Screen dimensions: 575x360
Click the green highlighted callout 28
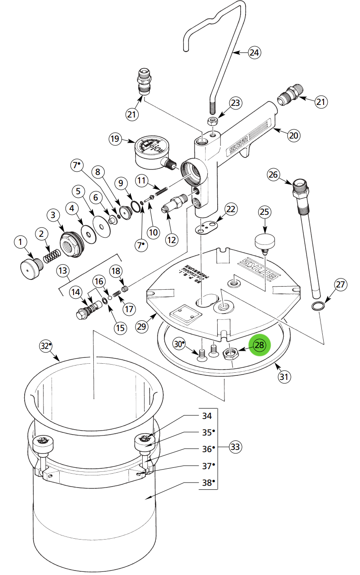259,345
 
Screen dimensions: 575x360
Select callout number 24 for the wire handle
254,52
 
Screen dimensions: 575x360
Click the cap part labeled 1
30,268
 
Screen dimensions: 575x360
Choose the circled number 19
115,139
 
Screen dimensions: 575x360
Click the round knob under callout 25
264,242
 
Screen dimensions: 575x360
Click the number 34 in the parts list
206,416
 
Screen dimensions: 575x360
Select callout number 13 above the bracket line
62,270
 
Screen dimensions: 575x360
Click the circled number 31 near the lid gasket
283,376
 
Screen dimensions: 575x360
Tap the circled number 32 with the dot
45,346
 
